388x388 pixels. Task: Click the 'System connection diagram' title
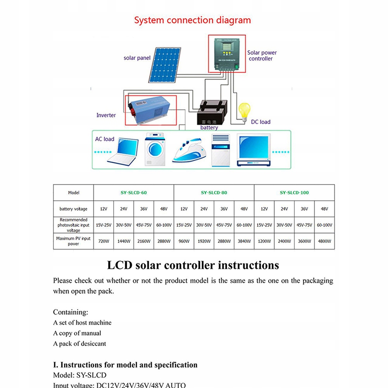pyautogui.click(x=192, y=20)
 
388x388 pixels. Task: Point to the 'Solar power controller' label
pyautogui.click(x=262, y=55)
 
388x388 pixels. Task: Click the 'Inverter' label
pyautogui.click(x=106, y=115)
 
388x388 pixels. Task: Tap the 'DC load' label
pyautogui.click(x=260, y=122)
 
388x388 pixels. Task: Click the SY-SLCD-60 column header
pyautogui.click(x=133, y=193)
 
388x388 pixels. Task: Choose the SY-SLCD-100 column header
pyautogui.click(x=294, y=193)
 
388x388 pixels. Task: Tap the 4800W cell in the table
pyautogui.click(x=324, y=241)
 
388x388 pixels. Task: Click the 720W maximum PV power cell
pyautogui.click(x=103, y=241)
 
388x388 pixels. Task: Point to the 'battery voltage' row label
pyautogui.click(x=73, y=209)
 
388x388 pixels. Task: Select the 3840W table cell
pyautogui.click(x=244, y=241)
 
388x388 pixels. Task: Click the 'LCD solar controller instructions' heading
pyautogui.click(x=193, y=266)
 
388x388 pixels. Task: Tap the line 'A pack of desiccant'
pyautogui.click(x=79, y=343)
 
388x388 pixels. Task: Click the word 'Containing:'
pyautogui.click(x=71, y=312)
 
